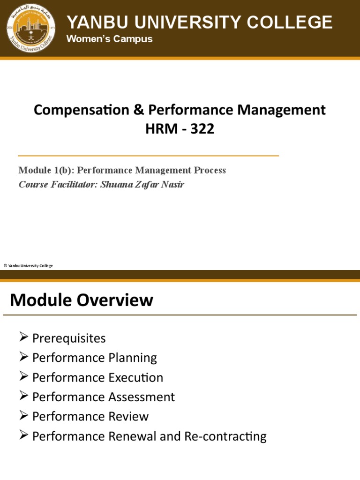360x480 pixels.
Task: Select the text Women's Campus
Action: (109, 39)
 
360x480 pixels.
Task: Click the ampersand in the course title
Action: (138, 110)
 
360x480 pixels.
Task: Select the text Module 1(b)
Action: (43, 170)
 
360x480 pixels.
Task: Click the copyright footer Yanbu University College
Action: (28, 266)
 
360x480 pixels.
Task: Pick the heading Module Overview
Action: (82, 300)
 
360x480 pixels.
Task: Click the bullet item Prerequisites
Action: (69, 338)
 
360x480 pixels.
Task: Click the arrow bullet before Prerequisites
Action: (24, 337)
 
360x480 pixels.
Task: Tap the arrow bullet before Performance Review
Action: (24, 416)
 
